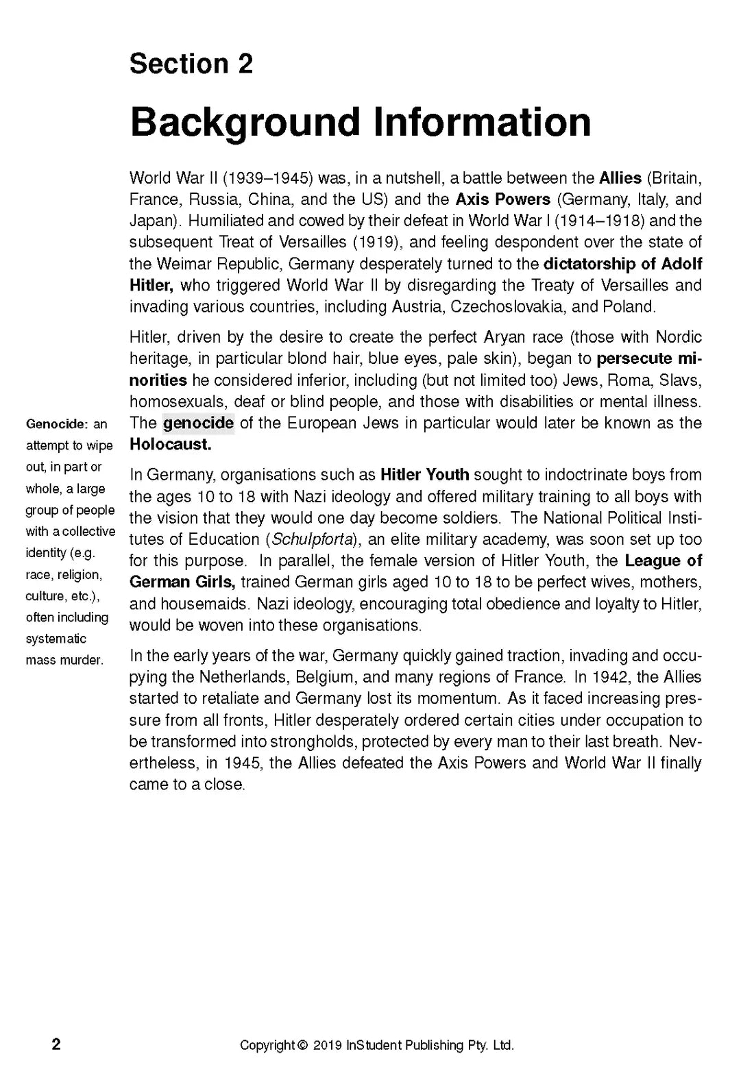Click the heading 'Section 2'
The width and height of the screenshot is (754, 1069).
point(191,64)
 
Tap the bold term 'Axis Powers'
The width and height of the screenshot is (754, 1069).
point(502,199)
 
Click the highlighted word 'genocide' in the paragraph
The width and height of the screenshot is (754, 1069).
point(198,423)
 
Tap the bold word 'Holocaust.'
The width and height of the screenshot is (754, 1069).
point(171,444)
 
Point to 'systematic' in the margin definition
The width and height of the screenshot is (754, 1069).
point(56,639)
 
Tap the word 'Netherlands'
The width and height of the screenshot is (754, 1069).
point(243,677)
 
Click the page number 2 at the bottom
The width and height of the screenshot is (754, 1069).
point(56,1044)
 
